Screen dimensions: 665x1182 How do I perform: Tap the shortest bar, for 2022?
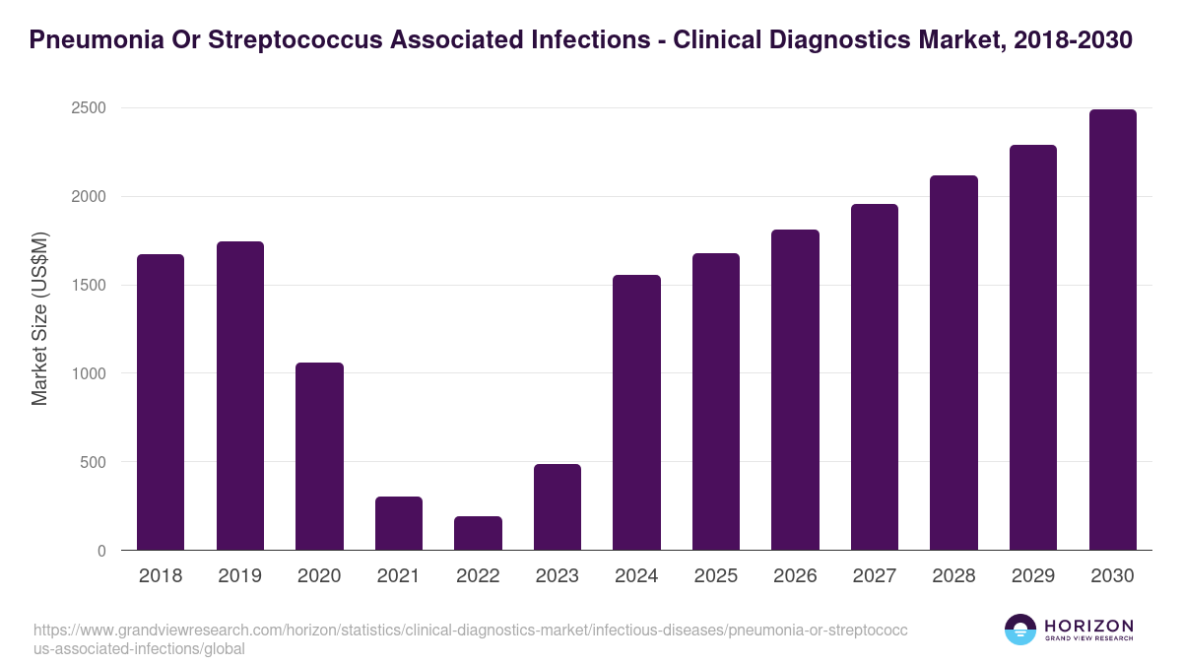click(x=478, y=533)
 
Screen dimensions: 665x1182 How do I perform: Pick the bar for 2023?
click(x=558, y=507)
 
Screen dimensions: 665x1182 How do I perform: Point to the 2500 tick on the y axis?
click(x=88, y=107)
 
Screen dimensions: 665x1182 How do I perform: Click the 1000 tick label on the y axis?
click(x=88, y=373)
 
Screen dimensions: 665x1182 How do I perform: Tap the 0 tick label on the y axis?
click(x=100, y=551)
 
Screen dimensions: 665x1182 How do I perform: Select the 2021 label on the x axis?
click(x=399, y=576)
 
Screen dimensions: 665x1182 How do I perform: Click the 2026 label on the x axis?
click(x=795, y=576)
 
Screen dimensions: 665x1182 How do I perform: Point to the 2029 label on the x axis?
click(x=1033, y=576)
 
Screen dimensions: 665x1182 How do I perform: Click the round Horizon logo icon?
click(x=1020, y=630)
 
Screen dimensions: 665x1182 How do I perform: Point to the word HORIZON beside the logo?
click(x=1088, y=626)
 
